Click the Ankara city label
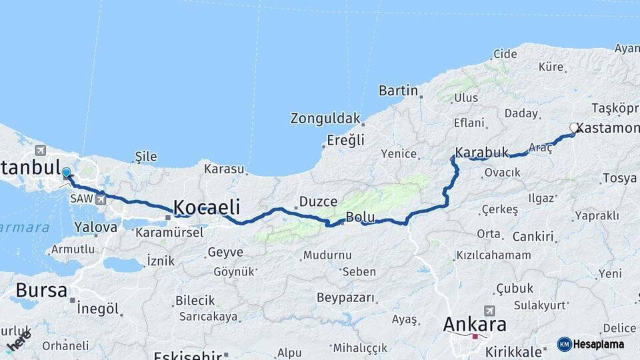pyautogui.click(x=475, y=325)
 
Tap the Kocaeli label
pyautogui.click(x=207, y=206)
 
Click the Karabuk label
pyautogui.click(x=482, y=153)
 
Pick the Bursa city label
pyautogui.click(x=41, y=291)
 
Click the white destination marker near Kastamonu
pyautogui.click(x=574, y=127)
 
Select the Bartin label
pyautogui.click(x=398, y=91)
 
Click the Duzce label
pyautogui.click(x=319, y=201)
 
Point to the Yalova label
pyautogui.click(x=96, y=227)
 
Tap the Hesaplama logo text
pyautogui.click(x=599, y=344)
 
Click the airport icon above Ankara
pyautogui.click(x=490, y=311)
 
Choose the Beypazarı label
pyautogui.click(x=345, y=297)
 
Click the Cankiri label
pyautogui.click(x=534, y=237)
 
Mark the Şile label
pyautogui.click(x=146, y=157)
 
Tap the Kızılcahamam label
pyautogui.click(x=493, y=255)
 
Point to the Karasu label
pyautogui.click(x=224, y=169)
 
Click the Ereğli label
pyautogui.click(x=345, y=141)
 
